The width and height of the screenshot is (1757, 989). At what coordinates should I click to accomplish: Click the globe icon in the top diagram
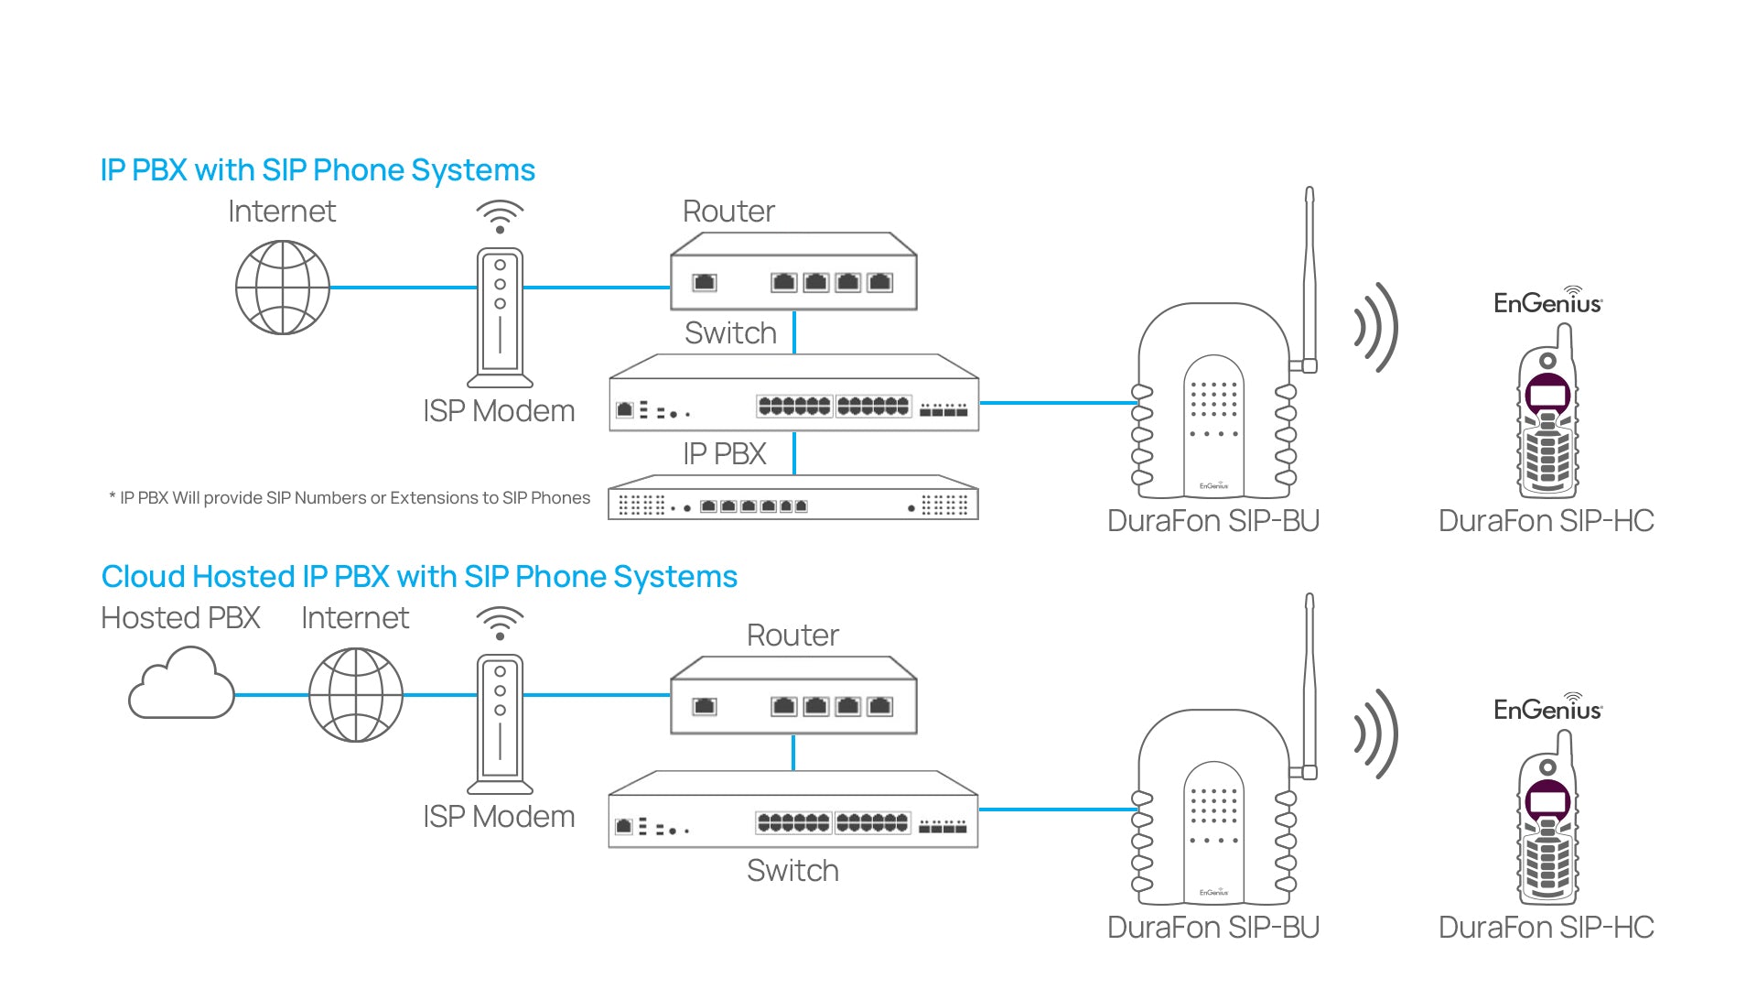pos(283,288)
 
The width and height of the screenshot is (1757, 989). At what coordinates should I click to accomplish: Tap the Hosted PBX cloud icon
pos(181,684)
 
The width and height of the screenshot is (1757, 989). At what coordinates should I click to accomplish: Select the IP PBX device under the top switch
pos(793,498)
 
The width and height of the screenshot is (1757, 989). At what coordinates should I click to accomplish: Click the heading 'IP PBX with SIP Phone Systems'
pos(318,170)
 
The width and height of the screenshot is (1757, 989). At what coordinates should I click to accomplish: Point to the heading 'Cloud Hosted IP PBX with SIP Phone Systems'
pos(419,577)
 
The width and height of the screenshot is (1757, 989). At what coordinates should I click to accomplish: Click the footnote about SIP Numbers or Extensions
pos(350,498)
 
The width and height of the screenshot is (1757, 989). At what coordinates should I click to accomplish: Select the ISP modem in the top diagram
pos(500,317)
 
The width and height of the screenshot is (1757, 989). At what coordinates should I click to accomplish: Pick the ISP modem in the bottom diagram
pos(500,723)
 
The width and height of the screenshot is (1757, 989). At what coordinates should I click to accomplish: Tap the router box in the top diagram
pos(793,272)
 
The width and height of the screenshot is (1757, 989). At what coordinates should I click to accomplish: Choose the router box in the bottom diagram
pos(793,696)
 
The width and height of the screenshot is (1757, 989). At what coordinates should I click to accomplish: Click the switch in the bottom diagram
pos(793,810)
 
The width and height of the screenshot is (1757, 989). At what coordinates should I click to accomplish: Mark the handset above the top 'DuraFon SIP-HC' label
pos(1547,417)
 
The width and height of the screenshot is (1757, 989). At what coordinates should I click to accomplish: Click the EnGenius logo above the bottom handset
pos(1547,708)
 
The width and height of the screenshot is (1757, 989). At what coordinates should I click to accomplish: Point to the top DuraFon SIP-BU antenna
pos(1310,275)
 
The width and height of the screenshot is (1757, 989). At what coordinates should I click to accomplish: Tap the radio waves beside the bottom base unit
pos(1376,734)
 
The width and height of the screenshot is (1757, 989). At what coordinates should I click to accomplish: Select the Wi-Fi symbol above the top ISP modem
pos(500,216)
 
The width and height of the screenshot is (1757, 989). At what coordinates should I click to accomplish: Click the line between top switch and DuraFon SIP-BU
pos(1057,402)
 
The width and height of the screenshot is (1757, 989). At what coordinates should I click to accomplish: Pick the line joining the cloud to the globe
pos(272,695)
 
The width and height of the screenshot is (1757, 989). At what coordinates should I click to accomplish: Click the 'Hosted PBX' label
pos(180,618)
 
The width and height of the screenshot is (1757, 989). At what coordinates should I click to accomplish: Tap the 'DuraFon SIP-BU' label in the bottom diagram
pos(1213,928)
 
